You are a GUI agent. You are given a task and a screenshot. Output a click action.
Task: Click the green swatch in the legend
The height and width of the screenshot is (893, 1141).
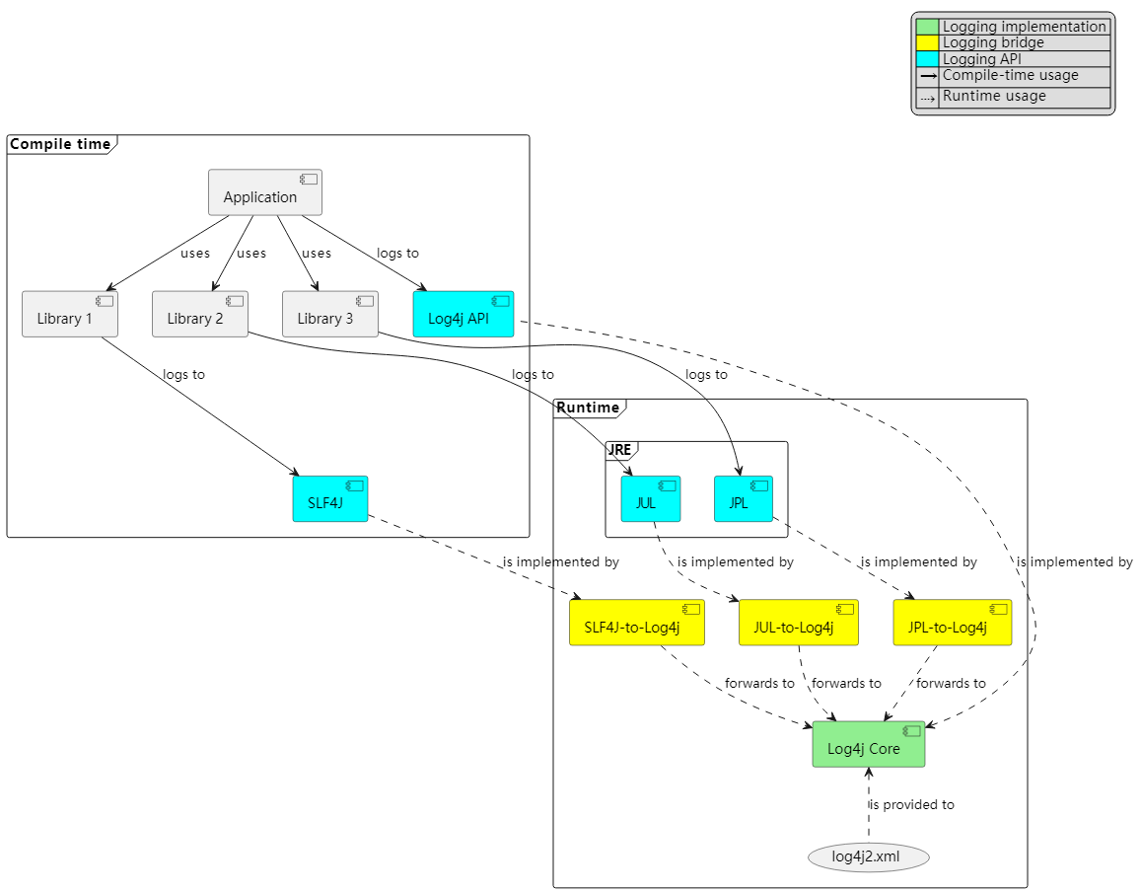(x=927, y=28)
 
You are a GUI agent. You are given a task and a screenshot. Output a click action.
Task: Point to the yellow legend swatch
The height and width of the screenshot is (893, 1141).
(x=927, y=43)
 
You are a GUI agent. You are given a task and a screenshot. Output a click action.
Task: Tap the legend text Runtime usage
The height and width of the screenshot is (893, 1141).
(x=994, y=97)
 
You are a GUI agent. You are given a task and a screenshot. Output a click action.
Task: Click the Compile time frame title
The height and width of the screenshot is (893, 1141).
(x=60, y=145)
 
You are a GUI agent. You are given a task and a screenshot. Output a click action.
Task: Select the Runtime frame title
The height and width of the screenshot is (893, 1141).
(x=589, y=408)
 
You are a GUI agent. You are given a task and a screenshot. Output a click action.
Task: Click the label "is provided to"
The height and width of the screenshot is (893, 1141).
(x=911, y=804)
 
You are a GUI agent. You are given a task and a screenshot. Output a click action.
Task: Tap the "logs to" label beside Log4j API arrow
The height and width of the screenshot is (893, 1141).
(x=397, y=254)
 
